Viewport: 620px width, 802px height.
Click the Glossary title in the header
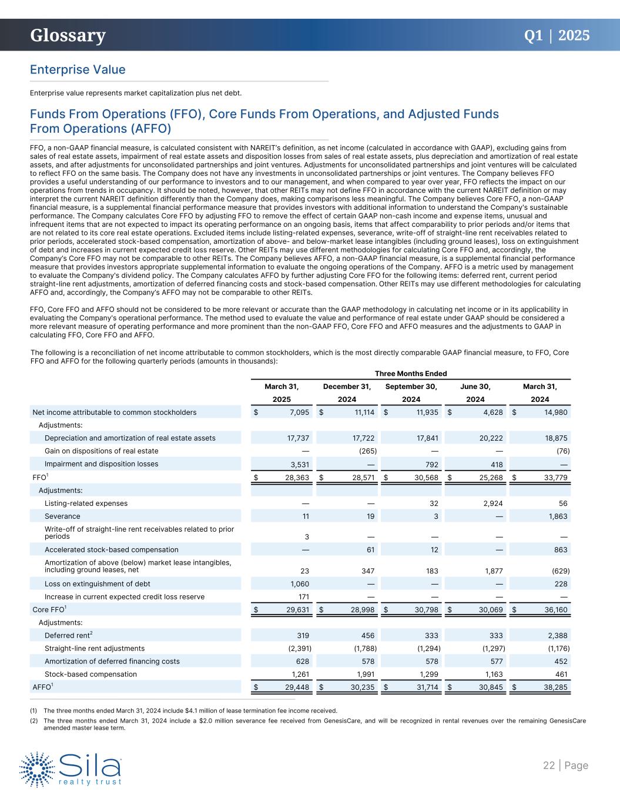click(x=68, y=36)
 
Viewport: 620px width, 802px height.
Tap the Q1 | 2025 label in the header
click(x=557, y=35)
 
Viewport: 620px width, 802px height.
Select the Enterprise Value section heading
click(x=78, y=70)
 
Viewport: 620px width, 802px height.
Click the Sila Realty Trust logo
click(x=71, y=768)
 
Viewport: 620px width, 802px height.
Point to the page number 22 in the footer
click(x=548, y=765)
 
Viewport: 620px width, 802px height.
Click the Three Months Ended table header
click(x=411, y=374)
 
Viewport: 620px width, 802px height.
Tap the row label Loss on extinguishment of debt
click(x=98, y=584)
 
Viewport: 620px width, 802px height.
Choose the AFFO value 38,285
click(x=554, y=687)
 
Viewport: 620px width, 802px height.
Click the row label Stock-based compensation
click(x=91, y=675)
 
